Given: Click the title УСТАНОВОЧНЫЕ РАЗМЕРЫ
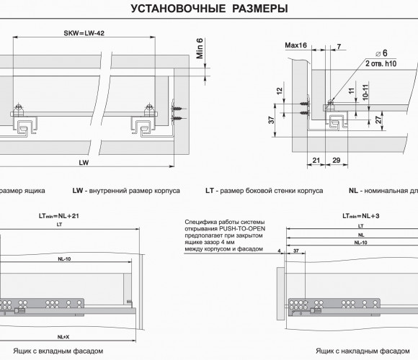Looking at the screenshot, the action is point(209,9).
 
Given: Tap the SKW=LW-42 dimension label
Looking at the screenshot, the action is point(84,33).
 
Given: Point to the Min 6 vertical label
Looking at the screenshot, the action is point(200,48).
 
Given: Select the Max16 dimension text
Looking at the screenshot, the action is point(296,45).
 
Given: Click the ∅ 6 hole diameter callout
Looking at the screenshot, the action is point(381,53).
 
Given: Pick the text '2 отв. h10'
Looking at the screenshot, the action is point(381,63).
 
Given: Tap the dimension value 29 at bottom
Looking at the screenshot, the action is point(337,161).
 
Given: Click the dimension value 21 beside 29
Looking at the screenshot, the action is point(316,161).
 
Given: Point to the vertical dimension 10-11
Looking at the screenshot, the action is point(365,92).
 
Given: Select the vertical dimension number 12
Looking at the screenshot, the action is point(279,91).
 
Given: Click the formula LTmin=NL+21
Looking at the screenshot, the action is point(59,216).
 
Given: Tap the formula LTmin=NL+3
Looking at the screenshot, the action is point(360,216).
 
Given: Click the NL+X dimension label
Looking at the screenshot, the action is point(63,337).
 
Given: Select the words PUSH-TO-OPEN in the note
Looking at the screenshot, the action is point(242,229).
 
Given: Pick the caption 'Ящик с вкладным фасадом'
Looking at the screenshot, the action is point(58,351).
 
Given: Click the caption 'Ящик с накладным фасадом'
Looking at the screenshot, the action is point(363,351).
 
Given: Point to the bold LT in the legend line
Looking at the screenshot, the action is point(210,191).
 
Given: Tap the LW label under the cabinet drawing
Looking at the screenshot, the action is point(84,163).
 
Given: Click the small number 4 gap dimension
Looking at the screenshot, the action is point(279,251).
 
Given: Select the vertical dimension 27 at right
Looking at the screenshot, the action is point(378,120).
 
